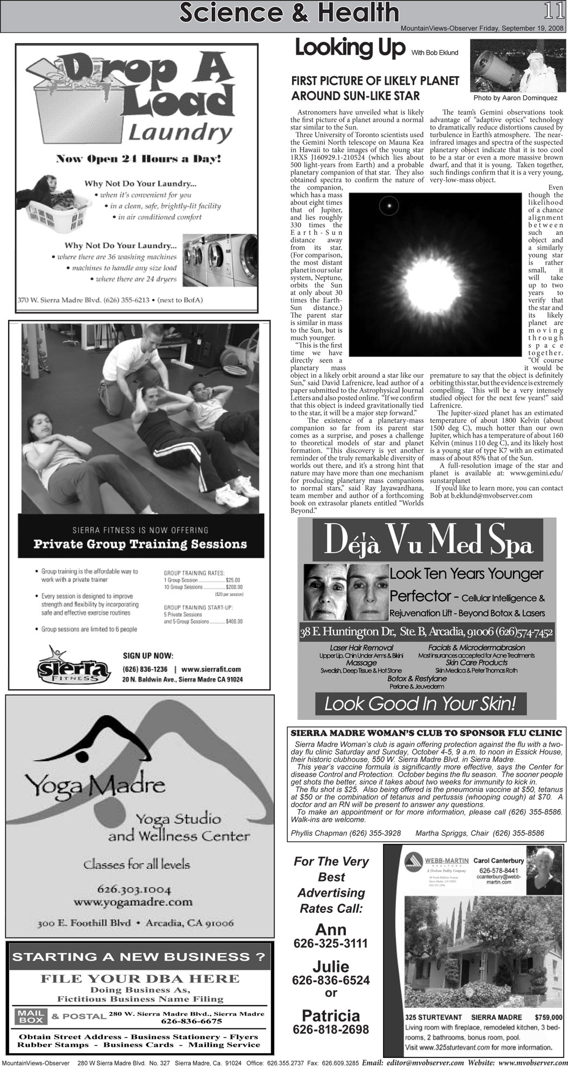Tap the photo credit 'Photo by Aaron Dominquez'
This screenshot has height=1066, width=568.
(515, 98)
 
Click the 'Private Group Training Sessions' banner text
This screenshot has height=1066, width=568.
(140, 543)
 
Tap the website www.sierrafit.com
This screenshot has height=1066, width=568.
(211, 669)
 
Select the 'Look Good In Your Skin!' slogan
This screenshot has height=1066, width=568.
(420, 704)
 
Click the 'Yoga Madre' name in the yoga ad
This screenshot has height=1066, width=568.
(89, 786)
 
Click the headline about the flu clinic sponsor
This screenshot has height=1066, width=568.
(426, 733)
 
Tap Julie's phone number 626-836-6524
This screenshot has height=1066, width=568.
(331, 980)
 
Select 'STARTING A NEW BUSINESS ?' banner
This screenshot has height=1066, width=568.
(139, 957)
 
